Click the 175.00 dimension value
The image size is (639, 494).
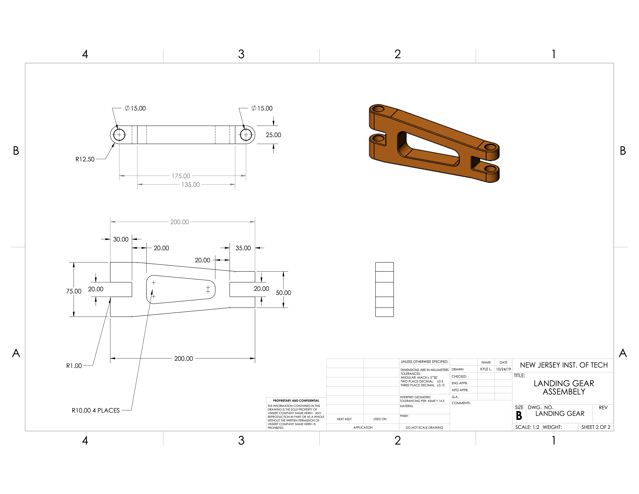(x=181, y=176)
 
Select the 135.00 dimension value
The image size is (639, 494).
(x=190, y=185)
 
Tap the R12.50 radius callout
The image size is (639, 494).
(x=85, y=159)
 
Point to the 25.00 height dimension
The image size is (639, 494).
(x=273, y=135)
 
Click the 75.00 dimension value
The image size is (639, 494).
(x=74, y=291)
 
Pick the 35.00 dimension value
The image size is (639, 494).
(x=243, y=248)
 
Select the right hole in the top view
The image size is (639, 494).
(x=246, y=135)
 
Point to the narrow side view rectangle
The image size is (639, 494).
(x=384, y=289)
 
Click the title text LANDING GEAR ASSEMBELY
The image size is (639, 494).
(x=564, y=387)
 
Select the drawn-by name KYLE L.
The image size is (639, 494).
(x=486, y=369)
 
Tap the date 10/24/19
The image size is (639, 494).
(x=503, y=369)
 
